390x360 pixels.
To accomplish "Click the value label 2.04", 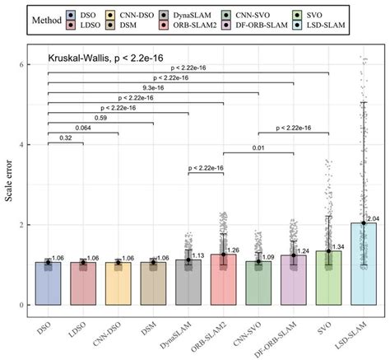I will [374, 221].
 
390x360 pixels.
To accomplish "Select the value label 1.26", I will [234, 251].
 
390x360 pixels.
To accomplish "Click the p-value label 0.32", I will [65, 139].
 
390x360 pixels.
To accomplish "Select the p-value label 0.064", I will [82, 128].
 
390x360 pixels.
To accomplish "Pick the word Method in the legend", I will [44, 20].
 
